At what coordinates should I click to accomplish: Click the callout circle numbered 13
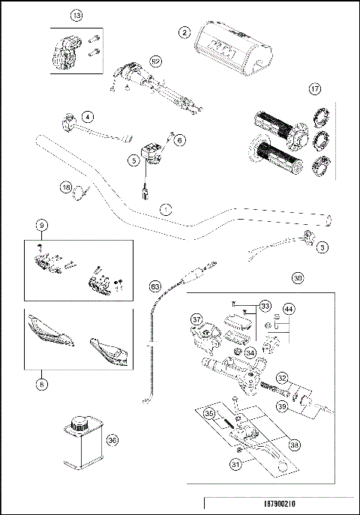point(75,15)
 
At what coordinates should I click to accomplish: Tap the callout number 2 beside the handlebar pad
point(184,31)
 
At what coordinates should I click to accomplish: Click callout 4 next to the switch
point(88,117)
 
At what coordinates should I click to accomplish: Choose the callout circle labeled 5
point(133,159)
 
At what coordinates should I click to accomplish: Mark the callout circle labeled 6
point(178,139)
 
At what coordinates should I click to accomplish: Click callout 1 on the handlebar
point(166,210)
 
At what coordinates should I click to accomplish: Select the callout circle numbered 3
point(322,246)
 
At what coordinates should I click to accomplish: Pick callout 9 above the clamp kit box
point(42,224)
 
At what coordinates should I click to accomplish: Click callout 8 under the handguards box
point(42,384)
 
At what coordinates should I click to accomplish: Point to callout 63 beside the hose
point(155,286)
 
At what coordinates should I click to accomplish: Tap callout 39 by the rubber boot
point(303,406)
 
